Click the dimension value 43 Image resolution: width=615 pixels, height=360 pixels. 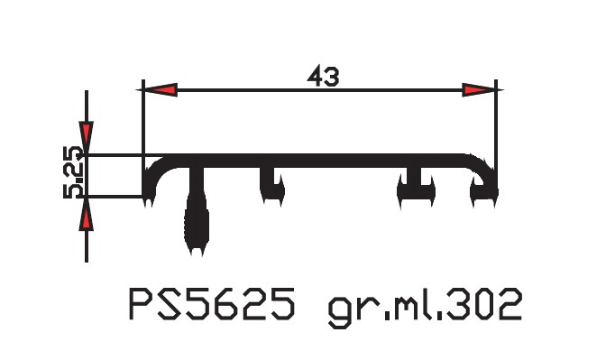(323, 76)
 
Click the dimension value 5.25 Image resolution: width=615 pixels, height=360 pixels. (73, 172)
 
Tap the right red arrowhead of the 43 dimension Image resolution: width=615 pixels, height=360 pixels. (479, 90)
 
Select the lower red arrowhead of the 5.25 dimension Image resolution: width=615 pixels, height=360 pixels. (87, 215)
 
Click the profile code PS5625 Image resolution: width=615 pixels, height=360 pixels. (212, 304)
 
